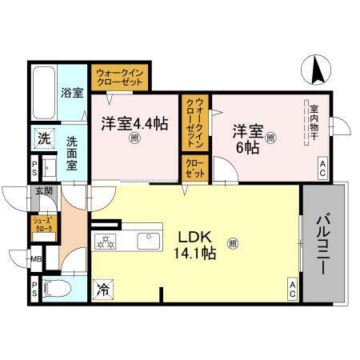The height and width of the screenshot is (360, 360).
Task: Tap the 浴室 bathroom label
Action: (x=73, y=93)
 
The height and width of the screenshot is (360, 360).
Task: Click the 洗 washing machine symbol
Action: (x=43, y=138)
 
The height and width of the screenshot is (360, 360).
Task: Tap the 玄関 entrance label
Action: (x=43, y=191)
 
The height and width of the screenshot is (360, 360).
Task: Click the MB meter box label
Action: (x=36, y=258)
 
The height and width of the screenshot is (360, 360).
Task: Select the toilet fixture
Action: (x=55, y=289)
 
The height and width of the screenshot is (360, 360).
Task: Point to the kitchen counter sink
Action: (x=150, y=241)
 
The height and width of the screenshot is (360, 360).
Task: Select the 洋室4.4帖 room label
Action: (x=134, y=125)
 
